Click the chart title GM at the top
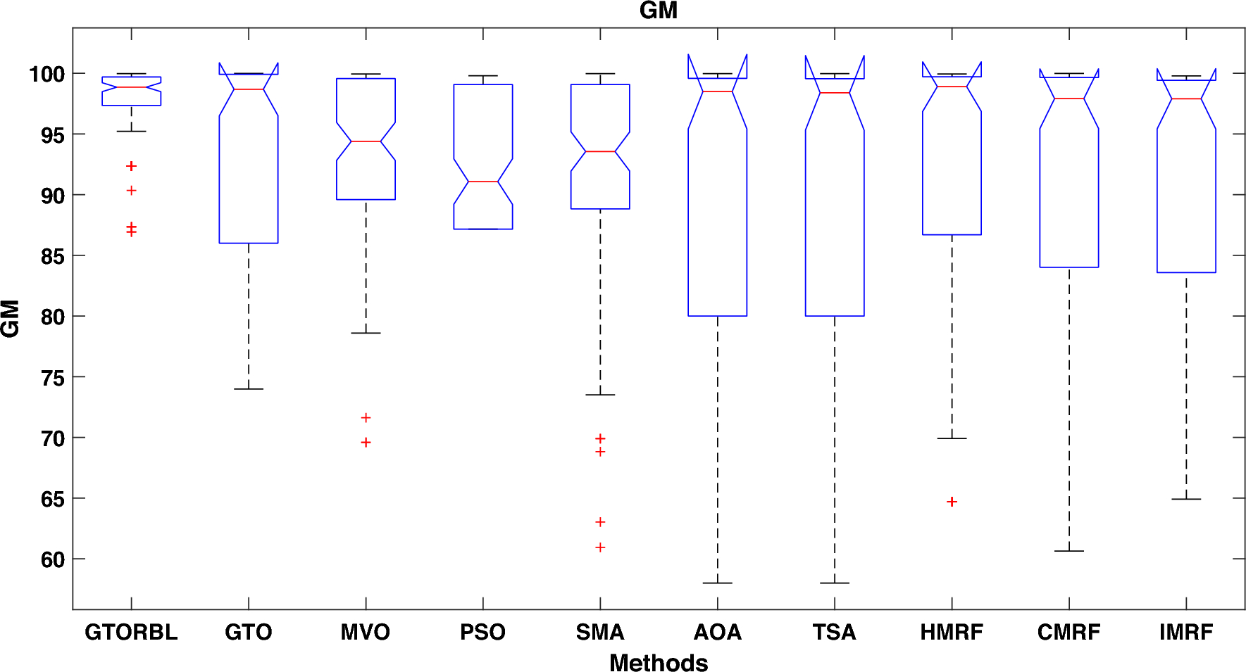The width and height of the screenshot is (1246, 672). [x=658, y=11]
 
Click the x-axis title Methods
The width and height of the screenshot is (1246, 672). [x=658, y=662]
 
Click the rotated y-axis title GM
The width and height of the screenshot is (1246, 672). [x=11, y=319]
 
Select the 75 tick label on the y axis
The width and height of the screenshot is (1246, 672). [x=53, y=378]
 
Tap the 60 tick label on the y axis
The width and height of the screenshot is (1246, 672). [x=53, y=560]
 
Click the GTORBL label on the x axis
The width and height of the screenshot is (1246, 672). [x=131, y=632]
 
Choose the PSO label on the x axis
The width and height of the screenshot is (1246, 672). [x=482, y=632]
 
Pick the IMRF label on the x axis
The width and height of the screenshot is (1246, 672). [x=1186, y=632]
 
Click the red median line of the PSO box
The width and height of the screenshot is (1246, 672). [x=482, y=182]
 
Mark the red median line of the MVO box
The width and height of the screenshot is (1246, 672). [x=366, y=141]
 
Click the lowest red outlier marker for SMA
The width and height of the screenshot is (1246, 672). [x=600, y=547]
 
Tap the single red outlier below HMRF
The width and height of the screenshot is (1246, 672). [x=952, y=502]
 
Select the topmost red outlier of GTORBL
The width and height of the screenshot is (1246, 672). [x=131, y=166]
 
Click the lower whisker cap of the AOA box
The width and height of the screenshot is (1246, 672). [x=718, y=583]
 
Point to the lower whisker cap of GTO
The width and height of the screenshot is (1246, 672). [x=249, y=388]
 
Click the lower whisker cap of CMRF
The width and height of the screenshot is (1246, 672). [x=1069, y=550]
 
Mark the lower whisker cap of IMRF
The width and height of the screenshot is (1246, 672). [x=1186, y=499]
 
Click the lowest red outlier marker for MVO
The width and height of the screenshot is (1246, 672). [x=366, y=442]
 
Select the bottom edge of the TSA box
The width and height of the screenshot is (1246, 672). [x=835, y=316]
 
